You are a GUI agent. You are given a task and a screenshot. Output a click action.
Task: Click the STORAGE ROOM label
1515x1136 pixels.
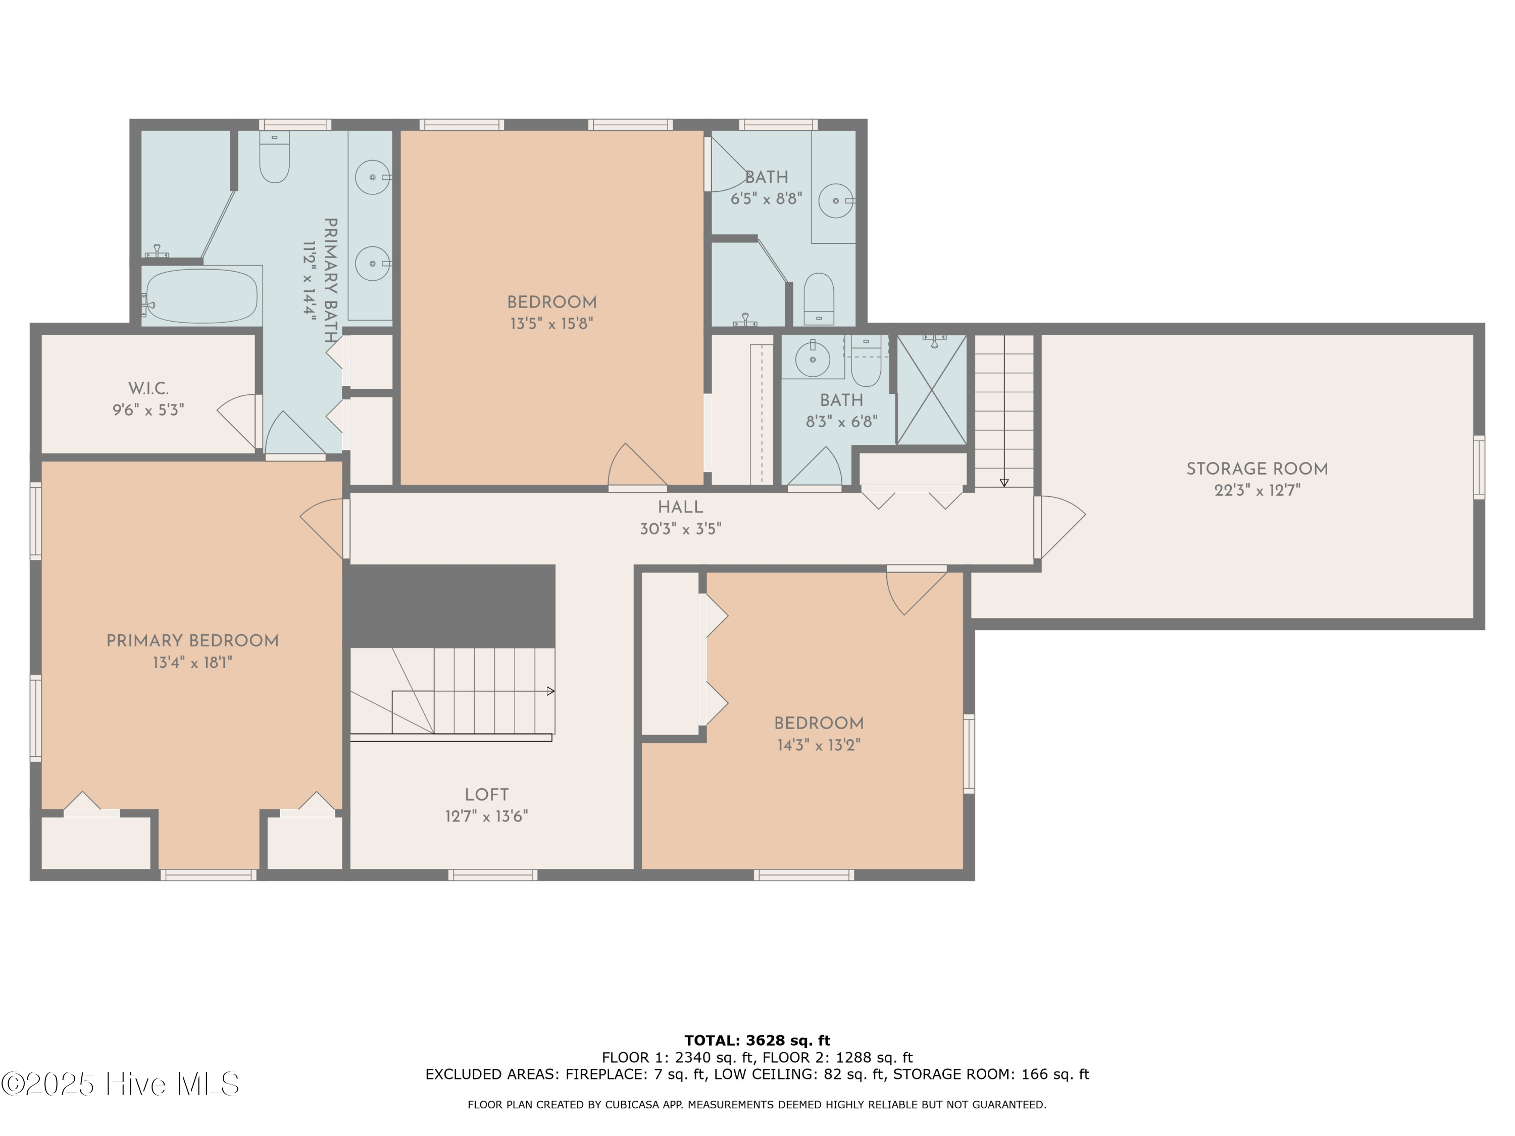tap(1257, 469)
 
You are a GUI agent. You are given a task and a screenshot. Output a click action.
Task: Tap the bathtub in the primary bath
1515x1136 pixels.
tap(201, 296)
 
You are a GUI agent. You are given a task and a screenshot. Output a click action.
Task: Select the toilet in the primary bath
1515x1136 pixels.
tap(274, 159)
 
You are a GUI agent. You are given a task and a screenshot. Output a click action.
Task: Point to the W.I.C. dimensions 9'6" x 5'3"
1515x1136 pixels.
tap(148, 410)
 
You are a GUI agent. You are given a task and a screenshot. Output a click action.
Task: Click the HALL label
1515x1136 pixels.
tap(680, 507)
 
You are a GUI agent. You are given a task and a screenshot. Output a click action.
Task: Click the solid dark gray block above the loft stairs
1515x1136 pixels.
tap(452, 605)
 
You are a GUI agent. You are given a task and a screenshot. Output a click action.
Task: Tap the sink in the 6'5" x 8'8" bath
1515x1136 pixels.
tap(836, 200)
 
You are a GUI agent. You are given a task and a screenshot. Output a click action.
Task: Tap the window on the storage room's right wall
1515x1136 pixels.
tap(1479, 468)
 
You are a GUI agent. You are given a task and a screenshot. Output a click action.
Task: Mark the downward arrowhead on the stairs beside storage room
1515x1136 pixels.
tap(1004, 483)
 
